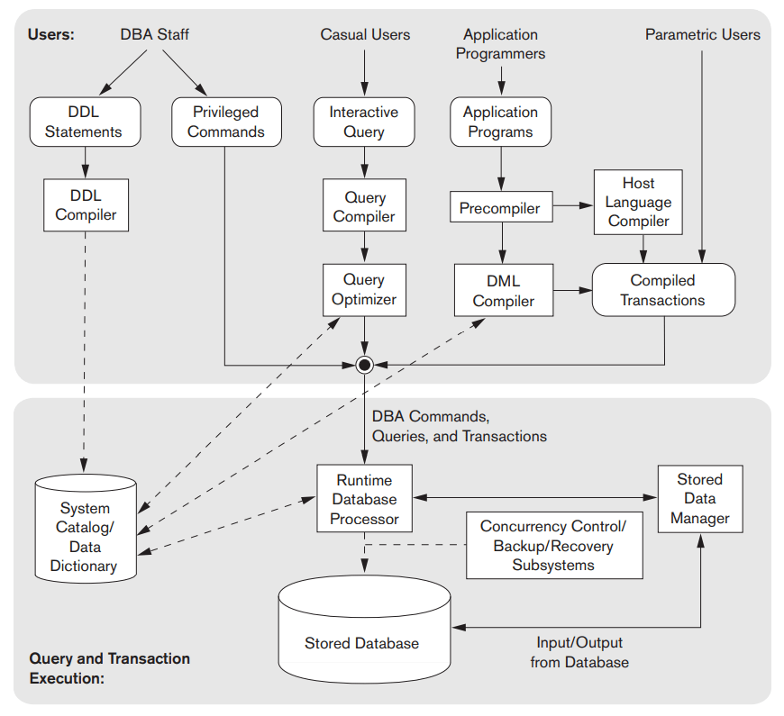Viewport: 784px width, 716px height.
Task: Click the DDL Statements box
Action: (85, 122)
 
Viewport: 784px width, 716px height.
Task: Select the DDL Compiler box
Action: (86, 204)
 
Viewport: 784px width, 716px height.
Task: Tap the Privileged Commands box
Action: (225, 122)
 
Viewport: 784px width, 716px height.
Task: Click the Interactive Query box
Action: (364, 122)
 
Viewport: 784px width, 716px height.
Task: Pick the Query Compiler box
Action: (364, 206)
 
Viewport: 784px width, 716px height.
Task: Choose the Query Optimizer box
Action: (364, 289)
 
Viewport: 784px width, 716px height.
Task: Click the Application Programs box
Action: (500, 122)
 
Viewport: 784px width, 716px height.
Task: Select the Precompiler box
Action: (500, 208)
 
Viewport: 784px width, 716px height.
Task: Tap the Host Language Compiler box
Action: (638, 203)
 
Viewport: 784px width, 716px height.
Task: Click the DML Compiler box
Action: (503, 291)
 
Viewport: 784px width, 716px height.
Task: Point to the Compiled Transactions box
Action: (662, 290)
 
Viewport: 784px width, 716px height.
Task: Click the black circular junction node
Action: (364, 365)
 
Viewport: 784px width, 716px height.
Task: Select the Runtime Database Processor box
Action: (364, 499)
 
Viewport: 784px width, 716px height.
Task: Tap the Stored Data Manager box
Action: (700, 498)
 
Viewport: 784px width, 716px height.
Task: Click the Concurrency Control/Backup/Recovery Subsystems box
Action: (553, 546)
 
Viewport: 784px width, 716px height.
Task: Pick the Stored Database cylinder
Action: (364, 630)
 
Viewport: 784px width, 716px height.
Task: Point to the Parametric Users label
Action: (702, 35)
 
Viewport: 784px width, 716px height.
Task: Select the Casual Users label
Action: (365, 35)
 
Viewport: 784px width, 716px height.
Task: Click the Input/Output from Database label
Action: (579, 652)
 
